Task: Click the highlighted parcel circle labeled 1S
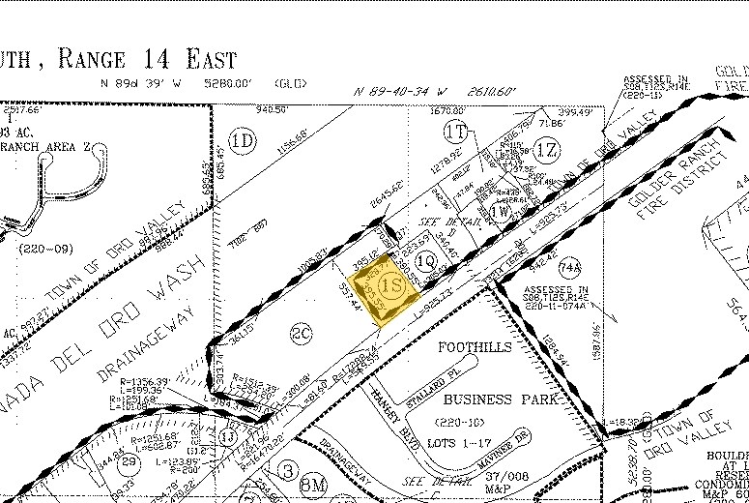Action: coord(391,286)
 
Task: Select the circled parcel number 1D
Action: coord(245,141)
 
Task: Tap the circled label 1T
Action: coord(456,130)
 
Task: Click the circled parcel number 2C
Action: coord(300,334)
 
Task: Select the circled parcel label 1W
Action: coord(500,211)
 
